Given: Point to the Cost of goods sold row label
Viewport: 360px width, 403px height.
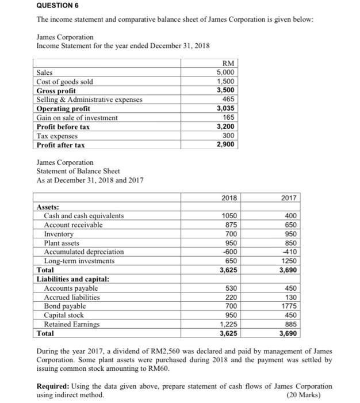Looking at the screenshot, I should click(64, 82).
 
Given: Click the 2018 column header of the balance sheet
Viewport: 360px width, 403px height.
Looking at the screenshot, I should click(213, 199).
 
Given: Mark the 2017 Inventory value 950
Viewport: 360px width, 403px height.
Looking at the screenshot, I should click(288, 234).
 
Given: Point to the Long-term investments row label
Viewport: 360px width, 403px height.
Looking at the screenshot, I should click(79, 261).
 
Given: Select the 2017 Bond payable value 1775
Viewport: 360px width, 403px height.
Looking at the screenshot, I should click(288, 306).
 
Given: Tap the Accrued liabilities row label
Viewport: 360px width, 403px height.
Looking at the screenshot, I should click(72, 297).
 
